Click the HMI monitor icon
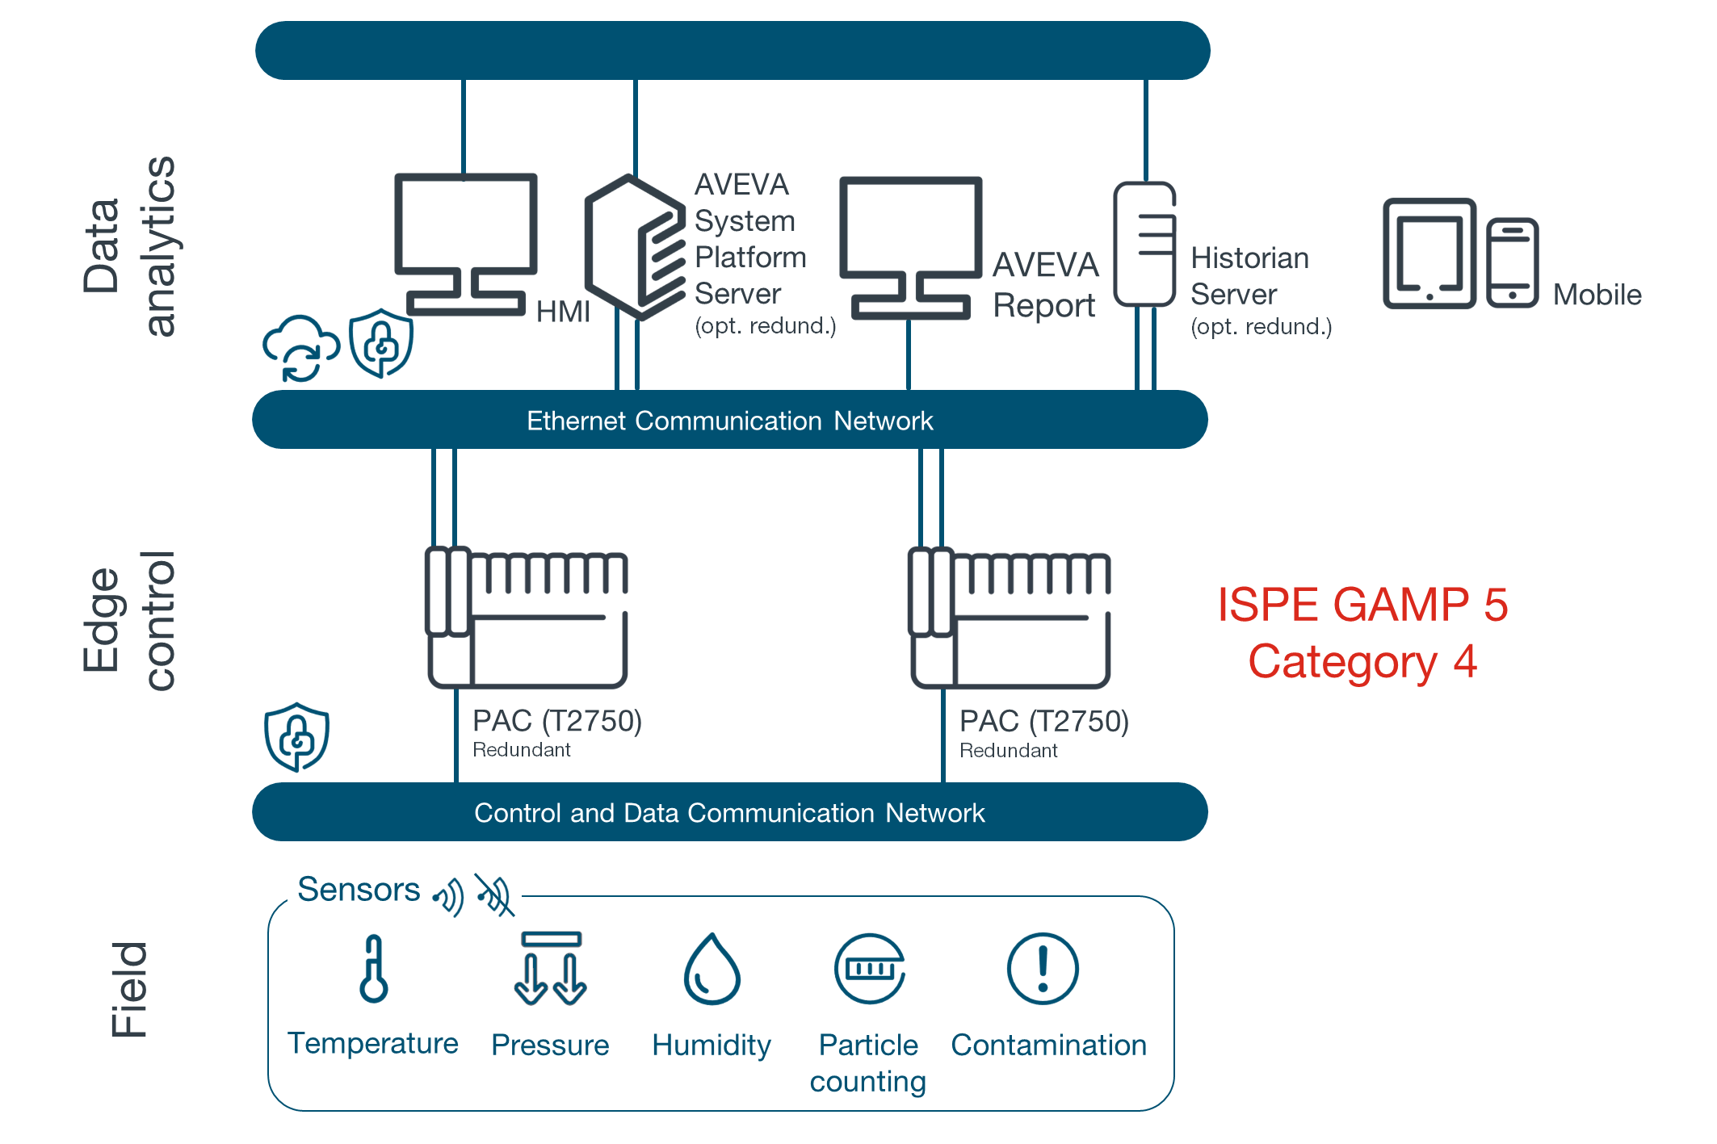coord(465,242)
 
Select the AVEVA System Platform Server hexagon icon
coord(635,246)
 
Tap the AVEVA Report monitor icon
coord(910,246)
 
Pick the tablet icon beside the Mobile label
coord(1429,253)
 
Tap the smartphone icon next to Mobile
coord(1512,262)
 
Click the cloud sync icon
coord(300,347)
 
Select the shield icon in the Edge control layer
coord(296,736)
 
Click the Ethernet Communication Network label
coord(729,421)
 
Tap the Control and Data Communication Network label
coord(729,812)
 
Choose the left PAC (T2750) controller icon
coord(527,618)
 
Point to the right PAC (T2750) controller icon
coord(1010,618)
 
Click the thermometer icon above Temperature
coord(374,969)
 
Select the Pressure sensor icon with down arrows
coord(550,969)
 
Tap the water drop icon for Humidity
coord(712,970)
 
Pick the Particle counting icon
coord(869,969)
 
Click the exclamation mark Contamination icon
coord(1043,969)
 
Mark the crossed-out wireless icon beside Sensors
coord(494,895)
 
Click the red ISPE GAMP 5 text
coord(1362,606)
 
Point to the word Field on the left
coord(129,989)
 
